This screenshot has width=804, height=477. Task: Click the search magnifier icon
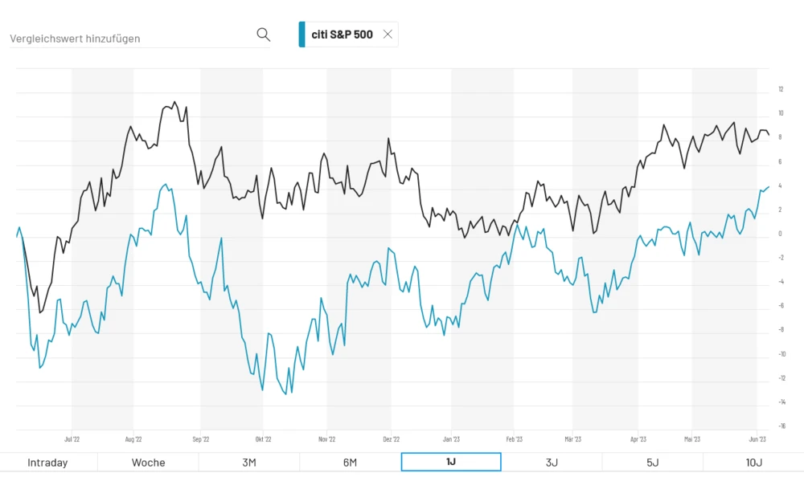coord(263,35)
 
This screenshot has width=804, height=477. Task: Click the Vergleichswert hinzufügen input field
coord(129,38)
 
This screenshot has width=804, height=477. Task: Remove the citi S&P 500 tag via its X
coord(388,35)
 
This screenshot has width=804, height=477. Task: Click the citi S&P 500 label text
coord(342,35)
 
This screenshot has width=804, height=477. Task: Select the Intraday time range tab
coord(47,463)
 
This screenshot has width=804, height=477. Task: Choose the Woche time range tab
coord(148,463)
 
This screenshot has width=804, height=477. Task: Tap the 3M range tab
coord(248,463)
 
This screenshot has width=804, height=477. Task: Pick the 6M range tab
coord(350,463)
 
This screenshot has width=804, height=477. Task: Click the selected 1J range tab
coord(450,463)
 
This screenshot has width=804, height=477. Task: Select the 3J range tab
coord(552,463)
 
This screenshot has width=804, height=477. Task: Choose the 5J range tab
coord(652,463)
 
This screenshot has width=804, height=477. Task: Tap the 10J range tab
coord(753,463)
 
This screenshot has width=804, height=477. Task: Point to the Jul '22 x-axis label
coord(72,439)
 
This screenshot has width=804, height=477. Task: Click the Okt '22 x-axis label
coord(262,439)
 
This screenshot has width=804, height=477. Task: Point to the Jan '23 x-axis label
coord(451,439)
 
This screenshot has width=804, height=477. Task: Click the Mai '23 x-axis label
coord(692,439)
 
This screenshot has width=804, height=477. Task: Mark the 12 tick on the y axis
coord(781,89)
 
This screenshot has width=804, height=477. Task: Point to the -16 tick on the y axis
coord(781,426)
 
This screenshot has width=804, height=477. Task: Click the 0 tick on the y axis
coord(781,234)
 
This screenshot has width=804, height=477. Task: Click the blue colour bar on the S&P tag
coord(302,35)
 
